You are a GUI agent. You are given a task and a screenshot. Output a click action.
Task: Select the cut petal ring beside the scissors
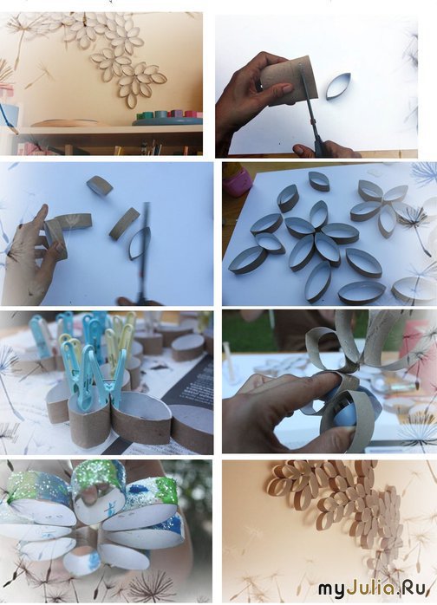[x=338, y=87]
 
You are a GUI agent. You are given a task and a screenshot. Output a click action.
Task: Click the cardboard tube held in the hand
[x=289, y=81]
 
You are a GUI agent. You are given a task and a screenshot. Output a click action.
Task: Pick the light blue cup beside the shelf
[x=9, y=115]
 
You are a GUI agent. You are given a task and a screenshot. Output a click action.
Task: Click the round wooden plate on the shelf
[x=65, y=123]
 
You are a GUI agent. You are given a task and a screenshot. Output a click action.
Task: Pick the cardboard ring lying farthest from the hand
[x=100, y=185]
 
